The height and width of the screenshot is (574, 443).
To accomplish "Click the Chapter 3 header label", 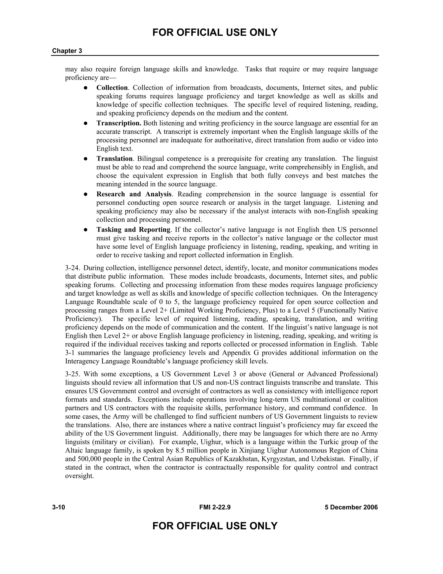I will (x=67, y=51).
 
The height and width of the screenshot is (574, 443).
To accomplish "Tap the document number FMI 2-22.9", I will (x=215, y=507).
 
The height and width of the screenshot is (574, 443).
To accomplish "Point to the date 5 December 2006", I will (x=351, y=507).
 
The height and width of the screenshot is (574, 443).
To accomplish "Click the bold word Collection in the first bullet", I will (x=112, y=88).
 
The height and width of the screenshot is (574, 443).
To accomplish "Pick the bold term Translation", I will (x=114, y=159).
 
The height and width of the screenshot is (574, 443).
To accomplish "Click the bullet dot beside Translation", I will (x=86, y=159).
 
